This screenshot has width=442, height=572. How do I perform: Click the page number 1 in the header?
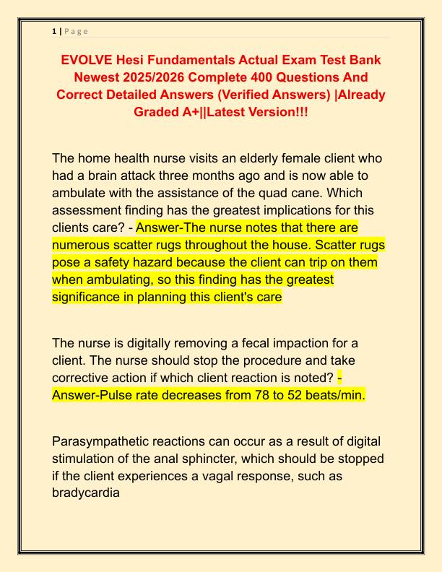[54, 31]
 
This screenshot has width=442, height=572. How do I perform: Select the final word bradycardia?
[86, 493]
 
